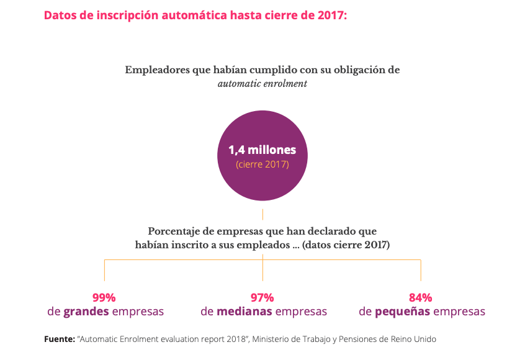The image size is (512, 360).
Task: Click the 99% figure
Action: click(104, 297)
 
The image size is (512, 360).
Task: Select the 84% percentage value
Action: click(420, 297)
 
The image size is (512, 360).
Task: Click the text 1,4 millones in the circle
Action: click(262, 150)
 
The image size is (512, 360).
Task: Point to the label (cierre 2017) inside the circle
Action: click(262, 164)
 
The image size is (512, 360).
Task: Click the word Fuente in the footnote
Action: click(58, 340)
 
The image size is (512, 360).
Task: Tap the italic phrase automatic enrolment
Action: click(262, 84)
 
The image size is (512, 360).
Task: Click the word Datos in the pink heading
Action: click(60, 15)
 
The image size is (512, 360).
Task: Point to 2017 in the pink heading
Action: click(330, 15)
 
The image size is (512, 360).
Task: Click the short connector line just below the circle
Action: click(263, 215)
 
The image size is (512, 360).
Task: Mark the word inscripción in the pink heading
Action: click(120, 15)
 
